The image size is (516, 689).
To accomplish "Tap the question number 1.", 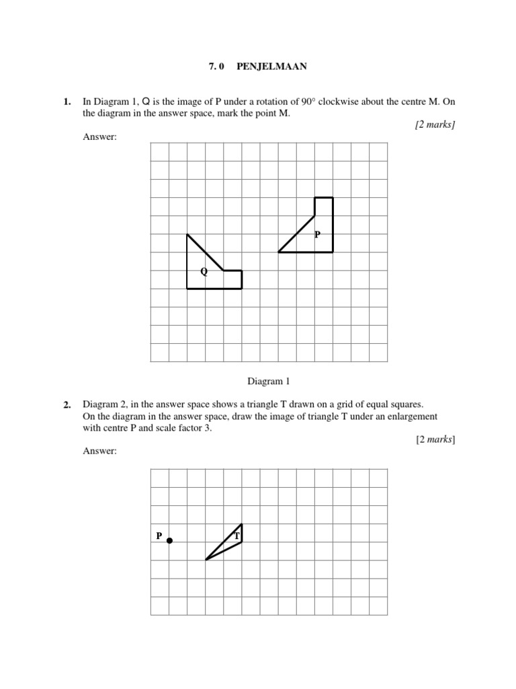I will click(x=67, y=102).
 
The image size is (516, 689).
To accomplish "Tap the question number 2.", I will click(x=67, y=405).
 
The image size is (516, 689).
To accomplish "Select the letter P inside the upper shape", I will click(x=317, y=235).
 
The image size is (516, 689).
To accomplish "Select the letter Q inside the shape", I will click(x=203, y=272).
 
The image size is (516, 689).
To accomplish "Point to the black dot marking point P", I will click(x=169, y=540).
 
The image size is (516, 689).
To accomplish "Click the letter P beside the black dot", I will click(x=159, y=536).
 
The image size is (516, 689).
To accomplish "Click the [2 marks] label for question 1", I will click(x=435, y=125).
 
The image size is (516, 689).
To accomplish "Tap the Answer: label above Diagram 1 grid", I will click(x=99, y=137).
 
